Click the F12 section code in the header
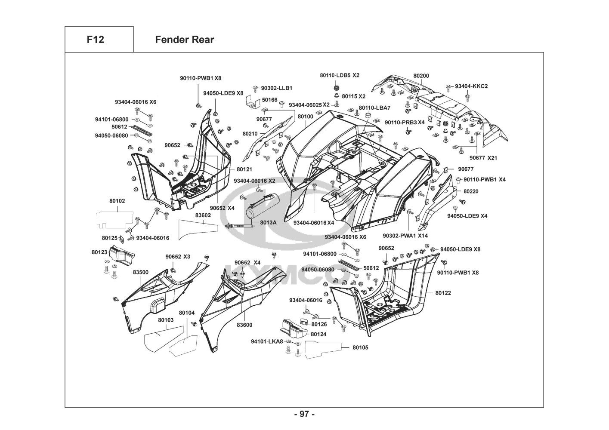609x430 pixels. [x=95, y=40]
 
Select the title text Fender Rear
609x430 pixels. [x=184, y=40]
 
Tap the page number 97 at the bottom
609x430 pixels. [x=304, y=415]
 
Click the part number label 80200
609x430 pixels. [x=421, y=76]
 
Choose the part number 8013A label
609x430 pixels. [x=268, y=223]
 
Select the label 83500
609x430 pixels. [x=140, y=272]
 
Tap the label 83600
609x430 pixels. [x=244, y=325]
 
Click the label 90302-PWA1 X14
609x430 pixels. [x=405, y=236]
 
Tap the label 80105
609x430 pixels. [x=360, y=347]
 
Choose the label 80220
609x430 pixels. [x=471, y=191]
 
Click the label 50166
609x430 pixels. [x=269, y=100]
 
